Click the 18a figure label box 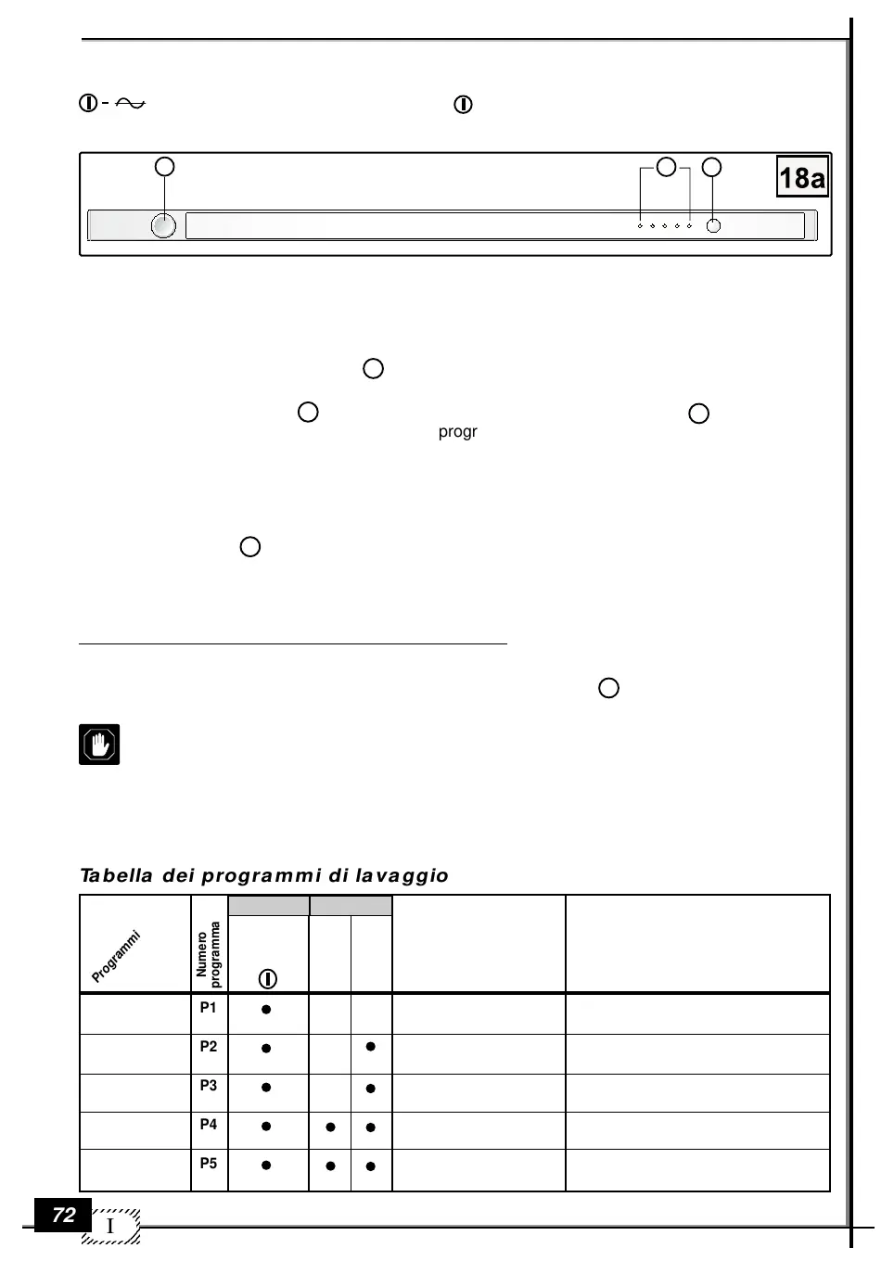click(x=802, y=177)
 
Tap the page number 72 click(x=63, y=1215)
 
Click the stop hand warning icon click(x=99, y=744)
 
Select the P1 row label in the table click(x=209, y=1007)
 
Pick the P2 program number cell click(x=209, y=1046)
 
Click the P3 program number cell click(x=209, y=1085)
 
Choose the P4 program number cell click(x=209, y=1124)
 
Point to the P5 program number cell click(x=209, y=1163)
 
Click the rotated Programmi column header click(x=116, y=956)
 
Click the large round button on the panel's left click(x=163, y=225)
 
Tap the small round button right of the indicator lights click(x=713, y=225)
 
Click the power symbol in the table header click(x=267, y=978)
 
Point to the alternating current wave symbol click(x=131, y=104)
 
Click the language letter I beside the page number click(x=110, y=1227)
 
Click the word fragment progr click(x=458, y=432)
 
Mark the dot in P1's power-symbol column click(x=266, y=1009)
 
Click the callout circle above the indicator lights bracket click(x=666, y=167)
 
